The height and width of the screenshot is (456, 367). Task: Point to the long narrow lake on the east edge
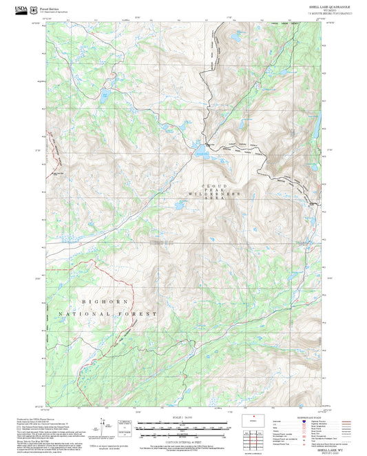pos(319,124)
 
